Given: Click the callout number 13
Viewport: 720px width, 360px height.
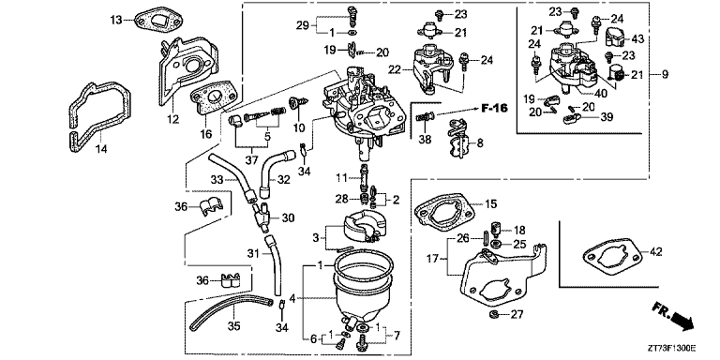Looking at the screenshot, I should tap(116, 20).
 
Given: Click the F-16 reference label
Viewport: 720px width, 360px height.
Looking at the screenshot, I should tap(494, 110).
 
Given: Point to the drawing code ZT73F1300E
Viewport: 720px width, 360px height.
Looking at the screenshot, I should tap(673, 349).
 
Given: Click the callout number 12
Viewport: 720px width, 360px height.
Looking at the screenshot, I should tap(172, 119).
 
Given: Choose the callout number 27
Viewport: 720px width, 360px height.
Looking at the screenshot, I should tap(517, 314).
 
